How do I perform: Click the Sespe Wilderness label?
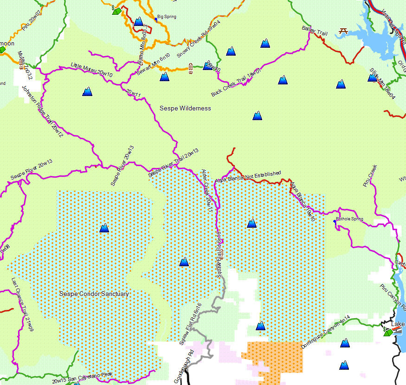pos(185,108)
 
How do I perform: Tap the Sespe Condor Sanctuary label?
pos(94,294)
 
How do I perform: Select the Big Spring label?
pos(167,17)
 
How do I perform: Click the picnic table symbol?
pos(344,31)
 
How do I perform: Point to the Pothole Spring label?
pos(349,218)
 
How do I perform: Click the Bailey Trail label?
pos(315,32)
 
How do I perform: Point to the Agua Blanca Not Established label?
pos(248,177)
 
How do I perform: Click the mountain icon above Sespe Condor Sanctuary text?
pos(104,227)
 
